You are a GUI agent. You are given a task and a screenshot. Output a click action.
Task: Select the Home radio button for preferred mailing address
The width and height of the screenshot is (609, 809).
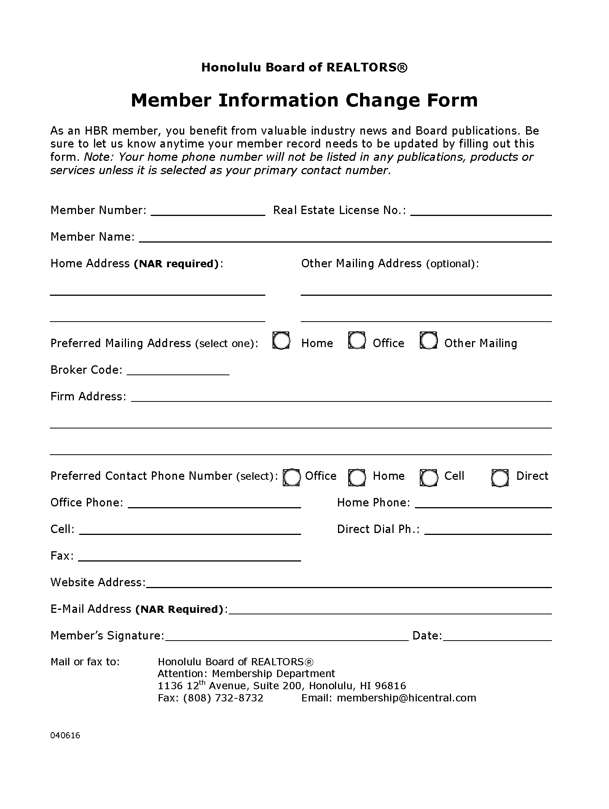281,341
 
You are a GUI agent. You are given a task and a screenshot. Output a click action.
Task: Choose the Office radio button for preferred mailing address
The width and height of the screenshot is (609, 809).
357,341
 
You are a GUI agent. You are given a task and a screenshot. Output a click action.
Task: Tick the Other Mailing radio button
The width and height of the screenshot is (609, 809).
428,341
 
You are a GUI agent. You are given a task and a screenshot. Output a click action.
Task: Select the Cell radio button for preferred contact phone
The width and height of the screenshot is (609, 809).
429,478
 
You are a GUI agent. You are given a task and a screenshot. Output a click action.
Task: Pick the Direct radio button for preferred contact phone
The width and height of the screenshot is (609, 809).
500,478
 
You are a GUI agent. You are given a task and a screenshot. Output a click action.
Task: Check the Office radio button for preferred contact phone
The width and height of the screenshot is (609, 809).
291,478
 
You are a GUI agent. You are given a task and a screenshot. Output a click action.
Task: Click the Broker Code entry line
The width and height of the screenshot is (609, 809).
178,371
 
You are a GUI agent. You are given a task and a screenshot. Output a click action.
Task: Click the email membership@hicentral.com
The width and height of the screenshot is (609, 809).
407,698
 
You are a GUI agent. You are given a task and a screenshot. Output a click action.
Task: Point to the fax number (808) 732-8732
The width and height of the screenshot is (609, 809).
223,698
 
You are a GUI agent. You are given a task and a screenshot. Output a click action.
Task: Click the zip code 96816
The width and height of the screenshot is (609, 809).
390,686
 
